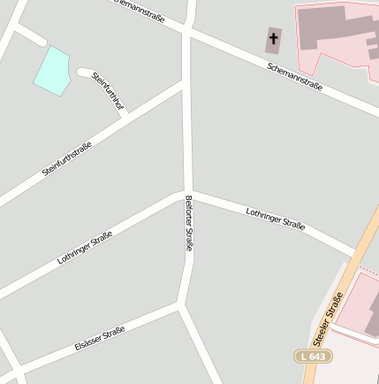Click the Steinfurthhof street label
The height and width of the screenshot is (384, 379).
[108, 92]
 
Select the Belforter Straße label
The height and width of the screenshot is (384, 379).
[188, 225]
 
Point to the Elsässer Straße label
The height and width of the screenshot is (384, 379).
[100, 339]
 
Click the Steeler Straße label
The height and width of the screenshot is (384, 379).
[328, 316]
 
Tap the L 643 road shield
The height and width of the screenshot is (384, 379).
[313, 356]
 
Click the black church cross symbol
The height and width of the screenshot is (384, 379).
[273, 38]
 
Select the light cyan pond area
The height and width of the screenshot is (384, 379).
[52, 70]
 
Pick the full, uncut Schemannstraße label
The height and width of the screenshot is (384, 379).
[294, 78]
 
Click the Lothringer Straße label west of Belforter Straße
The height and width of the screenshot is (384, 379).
[85, 248]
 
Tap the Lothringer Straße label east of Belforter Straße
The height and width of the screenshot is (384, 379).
[276, 219]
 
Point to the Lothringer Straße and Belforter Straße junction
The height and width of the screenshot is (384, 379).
[187, 193]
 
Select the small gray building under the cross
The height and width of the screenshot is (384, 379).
[273, 40]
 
